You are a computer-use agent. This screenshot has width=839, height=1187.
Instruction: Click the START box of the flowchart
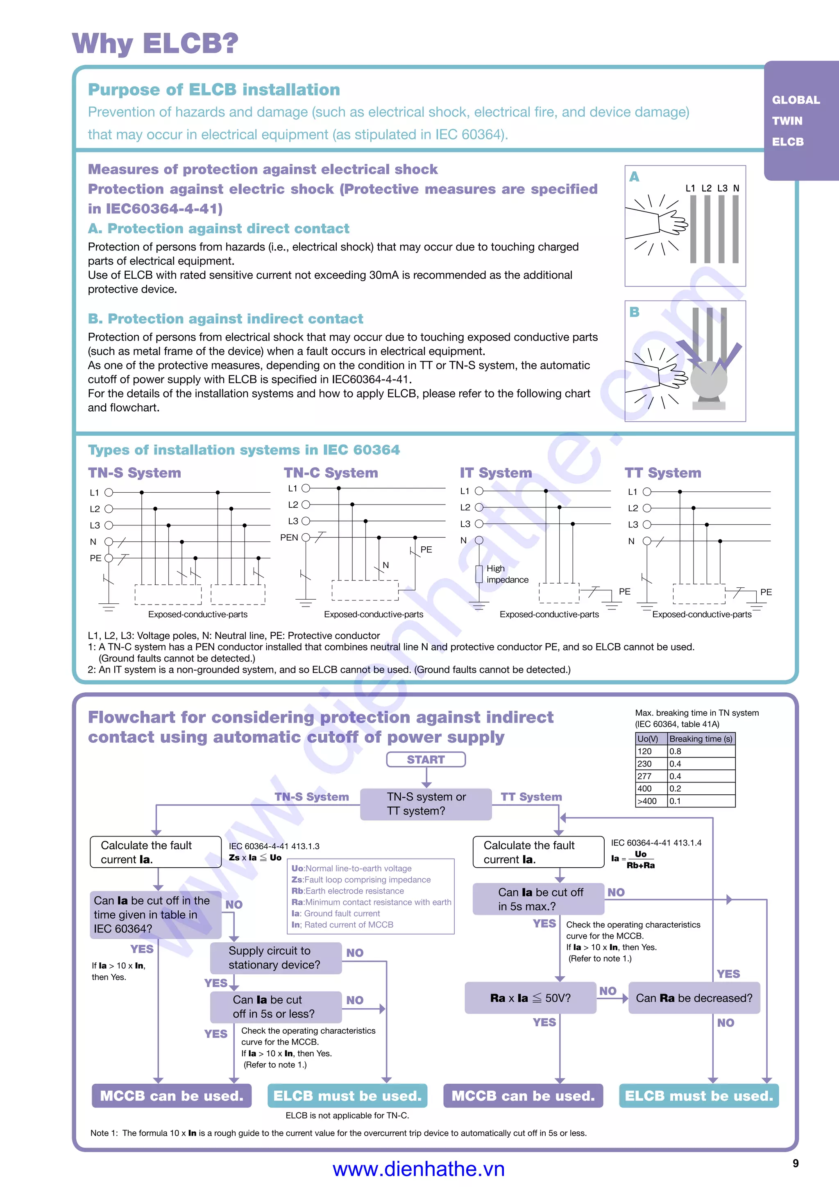pyautogui.click(x=426, y=759)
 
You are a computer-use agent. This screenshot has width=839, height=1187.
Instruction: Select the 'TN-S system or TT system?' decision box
pyautogui.click(x=426, y=804)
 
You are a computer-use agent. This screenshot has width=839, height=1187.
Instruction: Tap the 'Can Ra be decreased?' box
pyautogui.click(x=694, y=998)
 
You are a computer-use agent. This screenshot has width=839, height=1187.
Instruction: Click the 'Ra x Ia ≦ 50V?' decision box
pyautogui.click(x=530, y=998)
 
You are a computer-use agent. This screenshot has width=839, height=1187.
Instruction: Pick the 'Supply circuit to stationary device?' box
pyautogui.click(x=275, y=958)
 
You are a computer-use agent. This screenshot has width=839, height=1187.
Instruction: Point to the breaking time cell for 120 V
pyautogui.click(x=701, y=751)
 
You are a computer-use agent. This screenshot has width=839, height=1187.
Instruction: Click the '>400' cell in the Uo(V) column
pyautogui.click(x=651, y=801)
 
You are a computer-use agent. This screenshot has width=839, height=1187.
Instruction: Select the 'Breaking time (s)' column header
pyautogui.click(x=701, y=739)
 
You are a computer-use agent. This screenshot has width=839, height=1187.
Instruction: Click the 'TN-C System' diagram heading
pyautogui.click(x=331, y=473)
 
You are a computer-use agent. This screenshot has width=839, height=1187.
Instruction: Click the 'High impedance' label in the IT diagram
pyautogui.click(x=507, y=574)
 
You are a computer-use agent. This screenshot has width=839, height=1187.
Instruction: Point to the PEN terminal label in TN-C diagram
pyautogui.click(x=289, y=538)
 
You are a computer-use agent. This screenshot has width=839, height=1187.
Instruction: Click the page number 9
pyautogui.click(x=796, y=1163)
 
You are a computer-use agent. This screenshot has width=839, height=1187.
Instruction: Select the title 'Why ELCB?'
pyautogui.click(x=155, y=43)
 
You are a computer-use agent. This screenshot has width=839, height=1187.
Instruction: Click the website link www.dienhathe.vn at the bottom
pyautogui.click(x=418, y=1169)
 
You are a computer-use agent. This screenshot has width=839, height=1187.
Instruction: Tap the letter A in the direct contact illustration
pyautogui.click(x=635, y=177)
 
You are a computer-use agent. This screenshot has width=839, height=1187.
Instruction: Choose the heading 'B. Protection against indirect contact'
pyautogui.click(x=225, y=318)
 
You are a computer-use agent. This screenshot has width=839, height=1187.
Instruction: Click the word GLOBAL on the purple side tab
pyautogui.click(x=796, y=100)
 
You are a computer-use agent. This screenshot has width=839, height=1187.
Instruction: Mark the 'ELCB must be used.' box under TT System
pyautogui.click(x=698, y=1096)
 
